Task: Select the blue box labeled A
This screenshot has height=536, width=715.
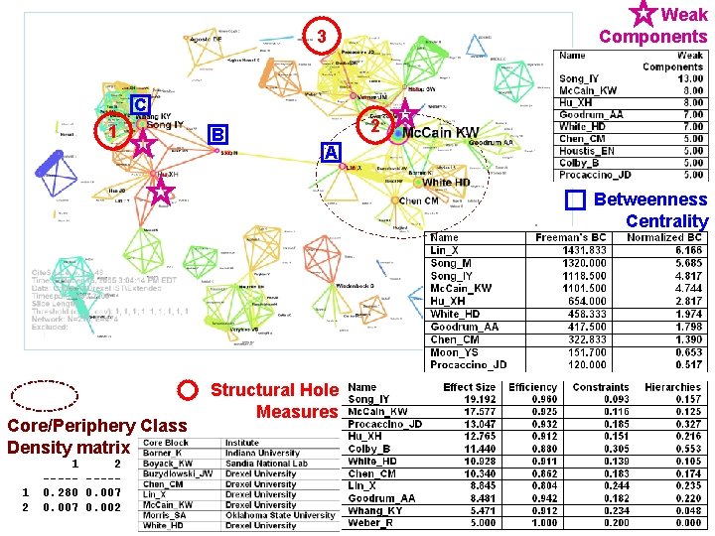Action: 332,152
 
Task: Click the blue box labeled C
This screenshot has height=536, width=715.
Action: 141,104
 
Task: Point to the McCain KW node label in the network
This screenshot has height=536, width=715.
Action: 440,132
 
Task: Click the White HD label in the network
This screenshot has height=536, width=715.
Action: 446,183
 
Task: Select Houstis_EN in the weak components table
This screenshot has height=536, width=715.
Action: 587,151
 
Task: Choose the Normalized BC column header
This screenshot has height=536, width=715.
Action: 666,238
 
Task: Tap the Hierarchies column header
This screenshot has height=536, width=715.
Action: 672,387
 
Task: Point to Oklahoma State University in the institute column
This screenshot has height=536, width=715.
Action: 281,515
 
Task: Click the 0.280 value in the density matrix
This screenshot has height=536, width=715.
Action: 61,492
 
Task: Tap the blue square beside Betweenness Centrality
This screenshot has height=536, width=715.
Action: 576,201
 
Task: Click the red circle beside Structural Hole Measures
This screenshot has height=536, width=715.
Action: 189,390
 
